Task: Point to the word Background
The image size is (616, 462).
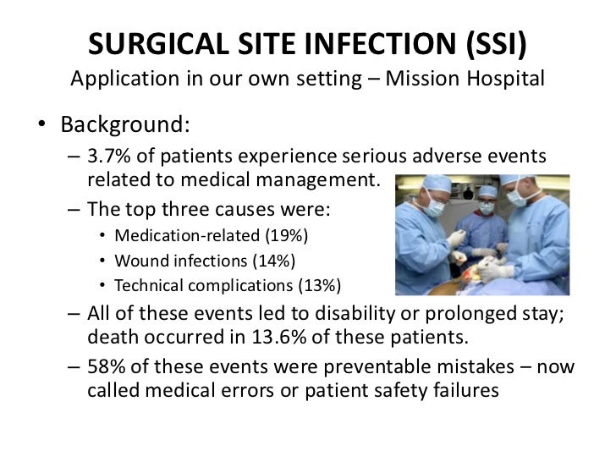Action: [125, 124]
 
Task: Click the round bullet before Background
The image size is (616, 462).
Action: [41, 125]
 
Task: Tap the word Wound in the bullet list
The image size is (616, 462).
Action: [138, 260]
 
